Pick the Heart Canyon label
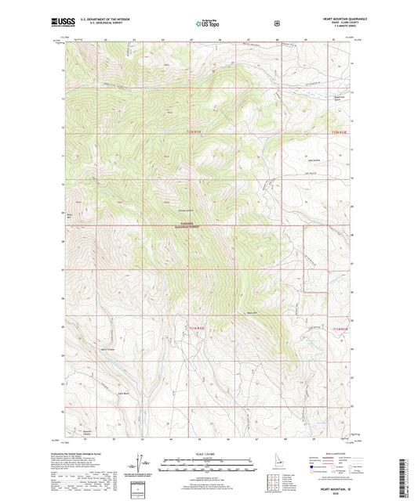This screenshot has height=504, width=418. pyautogui.click(x=107, y=350)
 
